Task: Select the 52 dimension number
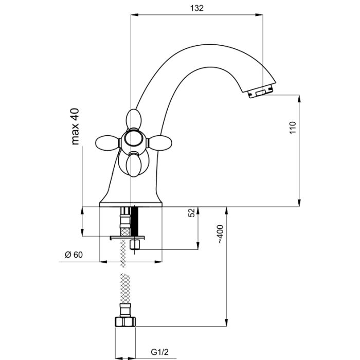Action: (x=191, y=213)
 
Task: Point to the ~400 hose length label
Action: (x=220, y=234)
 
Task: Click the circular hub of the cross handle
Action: (x=133, y=139)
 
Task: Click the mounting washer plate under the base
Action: (x=128, y=237)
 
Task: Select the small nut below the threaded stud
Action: (x=136, y=244)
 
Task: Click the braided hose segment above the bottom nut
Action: (x=123, y=291)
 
